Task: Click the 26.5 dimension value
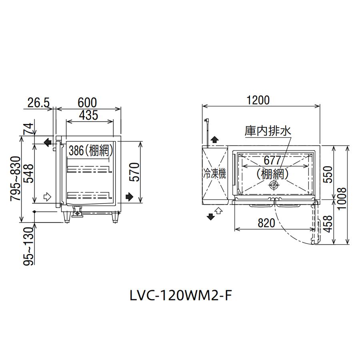[x=38, y=103]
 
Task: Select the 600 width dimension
[x=87, y=103]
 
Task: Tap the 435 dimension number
[x=89, y=115]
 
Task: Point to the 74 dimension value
[x=29, y=129]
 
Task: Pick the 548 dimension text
[x=29, y=173]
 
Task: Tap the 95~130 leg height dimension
[x=29, y=246]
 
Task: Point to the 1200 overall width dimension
[x=258, y=100]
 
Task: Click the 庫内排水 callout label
[x=268, y=131]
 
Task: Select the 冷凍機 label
[x=215, y=173]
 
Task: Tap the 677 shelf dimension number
[x=272, y=160]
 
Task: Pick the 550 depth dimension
[x=328, y=174]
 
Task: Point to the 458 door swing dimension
[x=328, y=224]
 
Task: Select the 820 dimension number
[x=266, y=223]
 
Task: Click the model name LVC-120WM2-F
[x=180, y=296]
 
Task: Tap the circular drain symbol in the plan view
[x=274, y=185]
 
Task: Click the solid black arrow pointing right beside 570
[x=130, y=197]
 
